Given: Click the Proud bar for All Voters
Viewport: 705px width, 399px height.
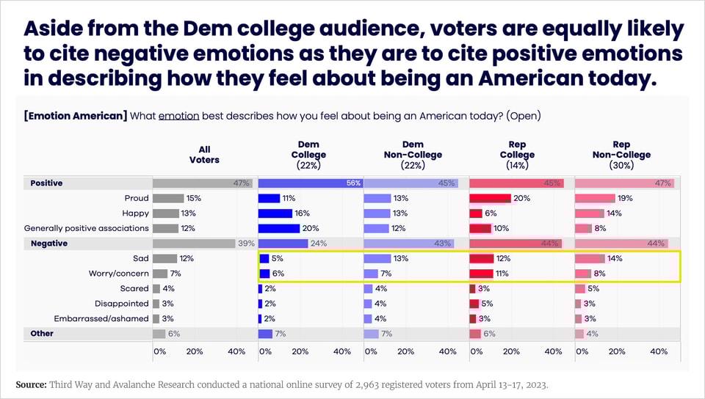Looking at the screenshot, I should pyautogui.click(x=168, y=198).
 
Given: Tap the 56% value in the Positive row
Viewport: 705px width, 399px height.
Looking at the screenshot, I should pyautogui.click(x=354, y=183).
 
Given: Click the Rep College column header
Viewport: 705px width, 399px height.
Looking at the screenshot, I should pyautogui.click(x=517, y=155).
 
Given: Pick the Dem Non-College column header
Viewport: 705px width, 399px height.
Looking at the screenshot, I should pyautogui.click(x=412, y=155).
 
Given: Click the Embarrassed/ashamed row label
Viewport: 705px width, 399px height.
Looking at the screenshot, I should pyautogui.click(x=101, y=319).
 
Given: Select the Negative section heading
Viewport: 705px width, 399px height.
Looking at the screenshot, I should pyautogui.click(x=49, y=244).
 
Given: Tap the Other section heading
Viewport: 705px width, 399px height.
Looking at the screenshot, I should pyautogui.click(x=42, y=334).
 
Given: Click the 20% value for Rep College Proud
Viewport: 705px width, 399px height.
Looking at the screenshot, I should pyautogui.click(x=522, y=198).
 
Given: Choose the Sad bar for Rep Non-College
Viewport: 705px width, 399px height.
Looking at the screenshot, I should pyautogui.click(x=590, y=258).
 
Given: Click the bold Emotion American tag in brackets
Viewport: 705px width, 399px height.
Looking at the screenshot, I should pyautogui.click(x=76, y=116).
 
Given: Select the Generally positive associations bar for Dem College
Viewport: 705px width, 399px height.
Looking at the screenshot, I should pyautogui.click(x=279, y=228).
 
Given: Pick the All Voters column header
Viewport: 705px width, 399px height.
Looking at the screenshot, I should pyautogui.click(x=204, y=155).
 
